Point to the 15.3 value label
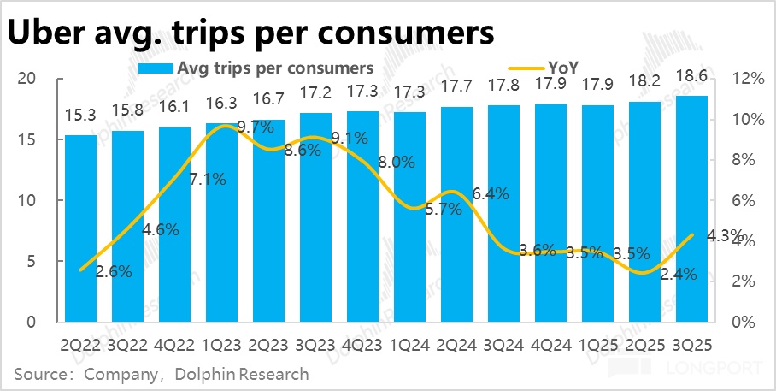[x=81, y=117]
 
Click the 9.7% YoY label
[x=255, y=127]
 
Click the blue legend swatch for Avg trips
[x=155, y=67]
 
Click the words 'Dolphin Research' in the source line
[x=242, y=374]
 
